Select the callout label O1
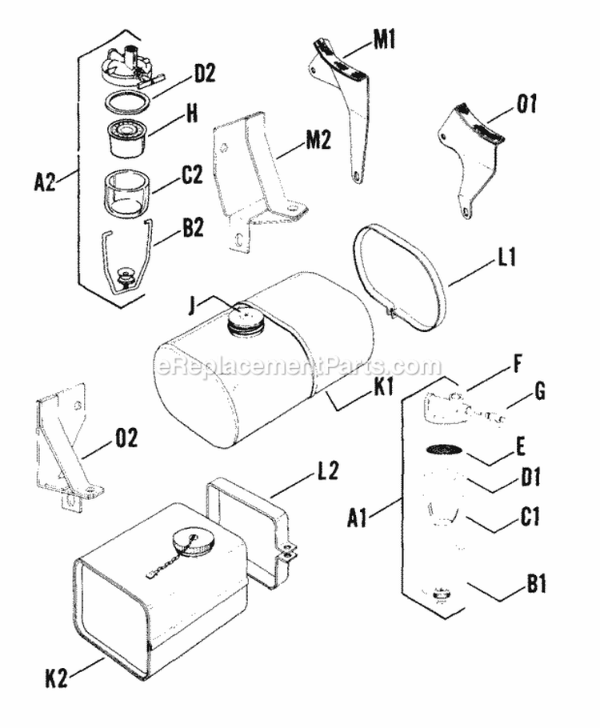[x=526, y=103]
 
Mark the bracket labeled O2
[x=66, y=448]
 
